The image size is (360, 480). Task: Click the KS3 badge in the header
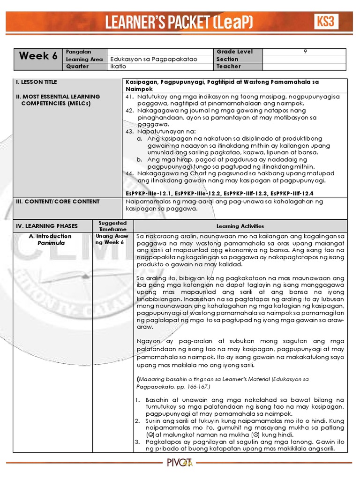tap(326, 22)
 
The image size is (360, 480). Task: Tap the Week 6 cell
tap(38, 56)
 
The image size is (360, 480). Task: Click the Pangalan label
tap(78, 52)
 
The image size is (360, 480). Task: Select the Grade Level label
tap(234, 52)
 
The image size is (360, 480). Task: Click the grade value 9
tap(305, 52)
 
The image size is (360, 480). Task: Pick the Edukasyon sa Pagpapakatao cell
tap(147, 59)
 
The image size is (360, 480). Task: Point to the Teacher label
tap(228, 67)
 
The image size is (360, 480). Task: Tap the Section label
tap(227, 59)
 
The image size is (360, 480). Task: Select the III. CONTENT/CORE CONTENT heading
tap(58, 202)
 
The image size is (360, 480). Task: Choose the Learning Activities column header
tap(240, 226)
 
